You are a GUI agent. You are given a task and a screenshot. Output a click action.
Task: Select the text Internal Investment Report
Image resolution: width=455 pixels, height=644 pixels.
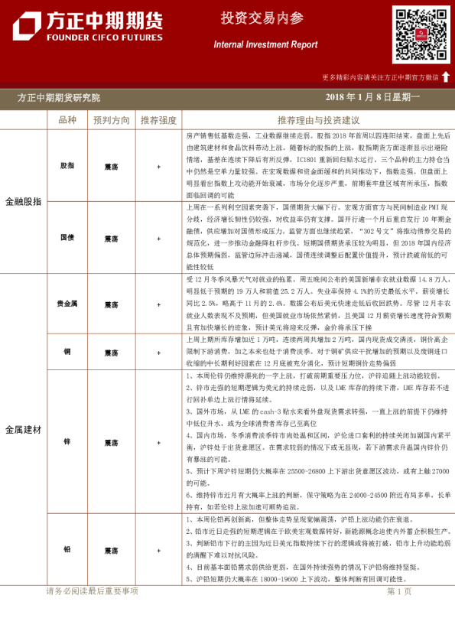265,45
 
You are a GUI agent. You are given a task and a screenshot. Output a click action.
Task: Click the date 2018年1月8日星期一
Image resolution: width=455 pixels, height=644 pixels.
372,97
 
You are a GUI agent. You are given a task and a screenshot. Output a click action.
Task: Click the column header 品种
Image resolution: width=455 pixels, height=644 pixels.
67,120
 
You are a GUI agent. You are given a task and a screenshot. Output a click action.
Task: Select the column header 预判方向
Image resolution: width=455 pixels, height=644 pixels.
112,120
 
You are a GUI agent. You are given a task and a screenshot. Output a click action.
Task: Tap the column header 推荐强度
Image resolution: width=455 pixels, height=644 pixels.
158,120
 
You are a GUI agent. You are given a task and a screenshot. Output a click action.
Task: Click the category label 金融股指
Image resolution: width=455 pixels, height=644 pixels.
24,202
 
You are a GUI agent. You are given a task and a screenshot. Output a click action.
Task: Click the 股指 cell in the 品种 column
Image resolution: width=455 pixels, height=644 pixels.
67,165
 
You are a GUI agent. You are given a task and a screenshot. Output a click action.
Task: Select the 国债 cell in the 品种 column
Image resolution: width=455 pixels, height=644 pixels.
67,237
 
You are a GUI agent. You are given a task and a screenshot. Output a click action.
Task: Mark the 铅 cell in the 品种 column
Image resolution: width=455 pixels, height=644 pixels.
67,550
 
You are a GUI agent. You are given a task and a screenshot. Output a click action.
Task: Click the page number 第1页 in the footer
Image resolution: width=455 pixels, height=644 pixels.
400,591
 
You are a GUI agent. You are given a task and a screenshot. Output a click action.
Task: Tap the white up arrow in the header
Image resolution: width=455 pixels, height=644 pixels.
445,76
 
